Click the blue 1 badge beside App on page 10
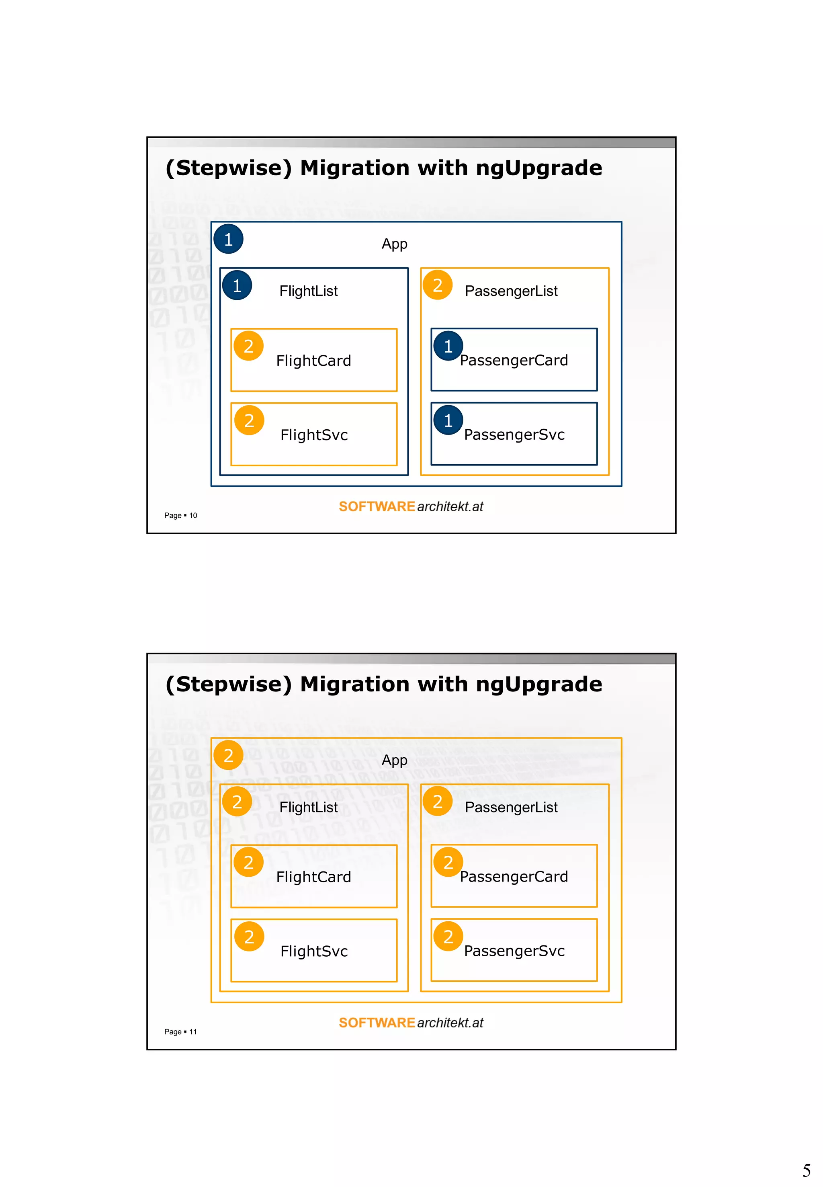point(228,239)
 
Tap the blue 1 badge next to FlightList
point(237,285)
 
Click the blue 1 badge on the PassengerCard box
point(448,346)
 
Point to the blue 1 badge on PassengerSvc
point(448,420)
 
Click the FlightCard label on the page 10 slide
point(313,361)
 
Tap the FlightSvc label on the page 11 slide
point(314,951)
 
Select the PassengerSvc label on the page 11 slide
point(514,951)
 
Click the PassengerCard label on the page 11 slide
point(514,876)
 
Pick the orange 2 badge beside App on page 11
point(228,755)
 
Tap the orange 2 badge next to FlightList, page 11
point(237,802)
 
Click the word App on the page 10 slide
point(395,244)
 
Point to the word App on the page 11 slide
point(395,761)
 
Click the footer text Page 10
point(180,515)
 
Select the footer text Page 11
point(180,1032)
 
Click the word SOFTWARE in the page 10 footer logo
point(377,506)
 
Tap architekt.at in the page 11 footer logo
point(450,1023)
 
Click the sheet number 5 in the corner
point(807,1170)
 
